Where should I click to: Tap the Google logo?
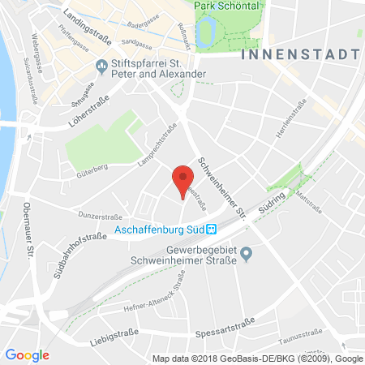tap(28, 354)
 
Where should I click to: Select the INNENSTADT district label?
tap(300, 54)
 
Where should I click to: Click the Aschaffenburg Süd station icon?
tap(210, 230)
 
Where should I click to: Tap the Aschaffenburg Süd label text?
tap(160, 230)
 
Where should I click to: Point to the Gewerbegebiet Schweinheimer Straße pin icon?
tap(248, 255)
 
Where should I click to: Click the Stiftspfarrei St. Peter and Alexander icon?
tap(101, 64)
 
